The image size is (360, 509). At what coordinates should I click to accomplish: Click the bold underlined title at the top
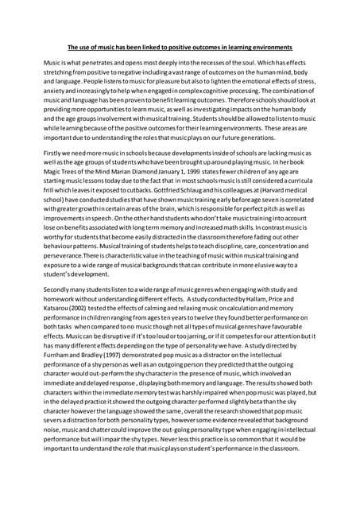tap(180, 47)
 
